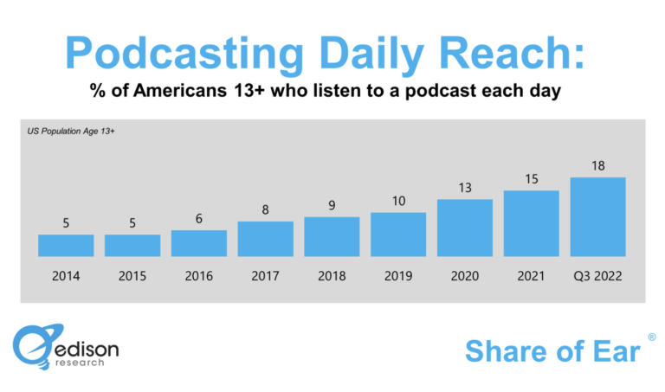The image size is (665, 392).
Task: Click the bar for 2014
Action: [66, 245]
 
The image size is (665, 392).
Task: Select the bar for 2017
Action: [265, 239]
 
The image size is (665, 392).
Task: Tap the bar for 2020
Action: [464, 228]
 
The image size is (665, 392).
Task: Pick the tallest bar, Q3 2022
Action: [597, 216]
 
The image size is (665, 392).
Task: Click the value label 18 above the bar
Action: [597, 164]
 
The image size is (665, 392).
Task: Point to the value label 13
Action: [464, 187]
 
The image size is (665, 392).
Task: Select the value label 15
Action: [531, 178]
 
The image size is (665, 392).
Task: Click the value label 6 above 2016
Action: [199, 218]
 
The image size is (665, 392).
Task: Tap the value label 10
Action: [398, 201]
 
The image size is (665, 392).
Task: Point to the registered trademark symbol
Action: [651, 335]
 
